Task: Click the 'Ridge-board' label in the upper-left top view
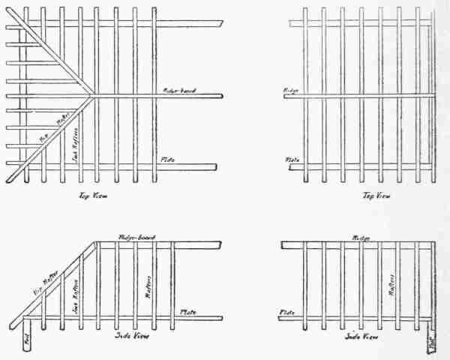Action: coord(180,91)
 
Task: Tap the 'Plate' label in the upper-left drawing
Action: coord(169,160)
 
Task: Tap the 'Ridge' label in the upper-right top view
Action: coord(291,91)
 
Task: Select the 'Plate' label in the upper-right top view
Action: coord(292,160)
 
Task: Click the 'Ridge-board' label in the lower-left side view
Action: coord(136,237)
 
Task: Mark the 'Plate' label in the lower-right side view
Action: coord(286,311)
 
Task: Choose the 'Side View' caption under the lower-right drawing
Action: coord(359,335)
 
